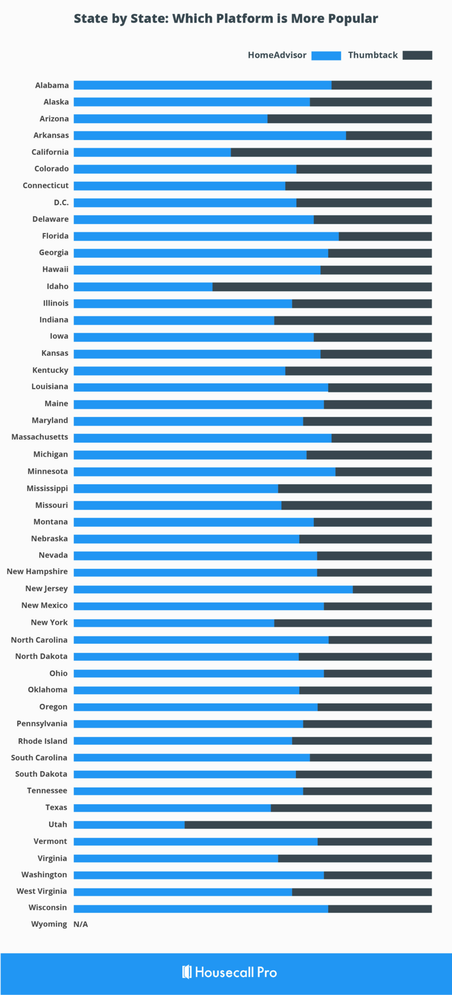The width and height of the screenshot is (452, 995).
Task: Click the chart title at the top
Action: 226,18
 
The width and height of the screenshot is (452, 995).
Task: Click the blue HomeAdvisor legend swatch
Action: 326,55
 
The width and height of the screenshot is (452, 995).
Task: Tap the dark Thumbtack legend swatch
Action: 417,55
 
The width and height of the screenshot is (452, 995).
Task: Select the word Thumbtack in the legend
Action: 373,55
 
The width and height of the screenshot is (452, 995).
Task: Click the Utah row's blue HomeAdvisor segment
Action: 129,824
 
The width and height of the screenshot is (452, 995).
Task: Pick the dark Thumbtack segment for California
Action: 331,152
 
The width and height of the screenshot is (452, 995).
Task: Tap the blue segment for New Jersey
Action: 213,589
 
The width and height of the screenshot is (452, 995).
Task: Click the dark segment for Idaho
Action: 322,287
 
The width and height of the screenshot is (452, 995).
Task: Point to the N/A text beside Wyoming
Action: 81,924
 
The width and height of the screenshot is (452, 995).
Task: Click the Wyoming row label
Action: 49,924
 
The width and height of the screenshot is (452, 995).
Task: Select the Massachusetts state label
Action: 40,437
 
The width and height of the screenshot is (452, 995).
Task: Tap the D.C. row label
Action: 61,202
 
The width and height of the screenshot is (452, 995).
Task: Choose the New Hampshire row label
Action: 37,571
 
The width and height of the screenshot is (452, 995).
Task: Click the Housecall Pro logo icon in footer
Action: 187,972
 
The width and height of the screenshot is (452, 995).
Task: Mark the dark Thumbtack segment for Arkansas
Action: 389,136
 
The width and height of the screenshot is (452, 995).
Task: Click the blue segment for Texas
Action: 172,808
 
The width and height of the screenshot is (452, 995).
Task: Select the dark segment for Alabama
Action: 382,85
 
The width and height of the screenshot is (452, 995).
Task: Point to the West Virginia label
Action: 42,891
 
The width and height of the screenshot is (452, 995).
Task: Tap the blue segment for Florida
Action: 206,236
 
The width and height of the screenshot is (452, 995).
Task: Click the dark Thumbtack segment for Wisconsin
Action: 380,909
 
